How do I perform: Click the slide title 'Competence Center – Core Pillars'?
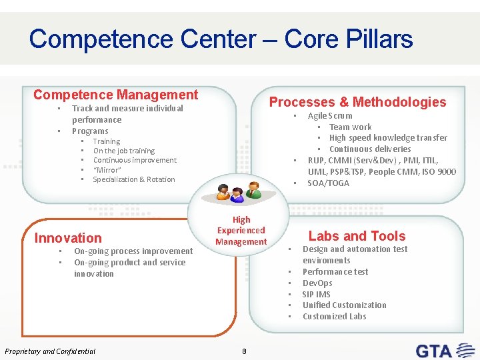click(221, 39)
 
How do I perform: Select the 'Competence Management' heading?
click(115, 95)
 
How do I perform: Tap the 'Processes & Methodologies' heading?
click(357, 102)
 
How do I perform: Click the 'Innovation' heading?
click(68, 238)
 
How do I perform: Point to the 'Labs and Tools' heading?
click(357, 236)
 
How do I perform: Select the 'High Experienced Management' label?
click(241, 231)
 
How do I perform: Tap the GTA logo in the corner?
click(443, 349)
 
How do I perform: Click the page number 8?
click(245, 351)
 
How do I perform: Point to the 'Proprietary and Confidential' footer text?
click(50, 351)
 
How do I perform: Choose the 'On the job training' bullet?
click(123, 151)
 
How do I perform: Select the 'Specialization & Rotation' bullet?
click(133, 179)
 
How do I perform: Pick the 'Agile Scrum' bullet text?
click(329, 116)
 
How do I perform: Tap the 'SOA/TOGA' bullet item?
click(328, 183)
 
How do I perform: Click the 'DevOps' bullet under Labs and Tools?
click(317, 283)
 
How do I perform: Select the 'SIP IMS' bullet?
click(316, 294)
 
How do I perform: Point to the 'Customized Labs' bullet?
click(334, 317)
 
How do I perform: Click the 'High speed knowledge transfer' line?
click(388, 138)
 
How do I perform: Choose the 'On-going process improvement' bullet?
click(133, 251)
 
